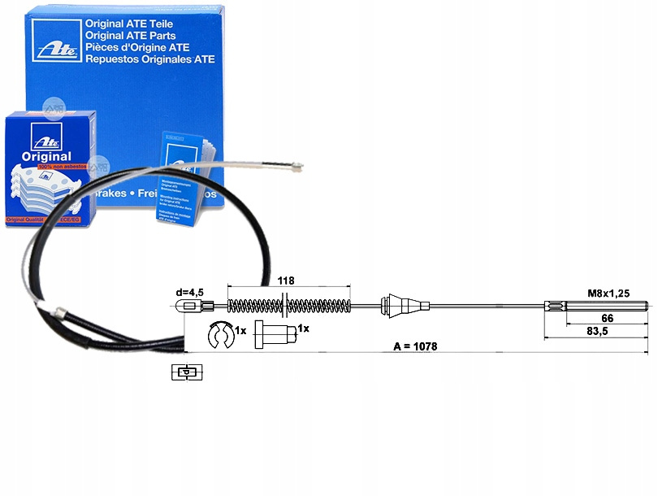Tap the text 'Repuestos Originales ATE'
pos(150,59)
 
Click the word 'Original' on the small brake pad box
pos(46,156)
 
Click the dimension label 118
pos(285,280)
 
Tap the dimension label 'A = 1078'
pos(415,346)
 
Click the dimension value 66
pos(606,320)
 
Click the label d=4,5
pos(193,293)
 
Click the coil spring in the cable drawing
pos(288,307)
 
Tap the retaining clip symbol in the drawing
pos(219,333)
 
